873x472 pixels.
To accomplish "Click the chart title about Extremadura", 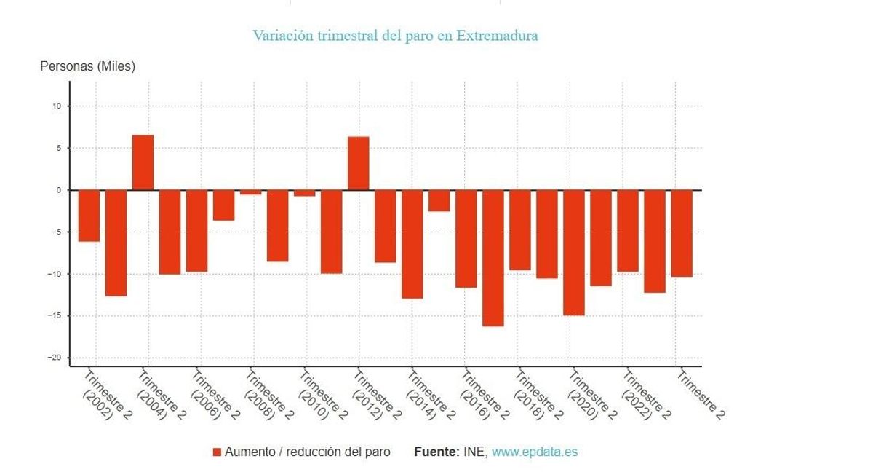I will [x=395, y=35].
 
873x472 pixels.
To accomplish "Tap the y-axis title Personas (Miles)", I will [x=87, y=66].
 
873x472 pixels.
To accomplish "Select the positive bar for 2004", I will [x=143, y=162].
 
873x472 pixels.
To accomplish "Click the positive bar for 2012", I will [x=358, y=163].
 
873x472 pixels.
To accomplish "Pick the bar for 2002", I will [x=89, y=216].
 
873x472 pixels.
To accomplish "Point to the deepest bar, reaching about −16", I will [x=493, y=258].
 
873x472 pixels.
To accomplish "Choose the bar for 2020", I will [x=573, y=253].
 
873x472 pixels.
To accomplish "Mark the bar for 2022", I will [x=627, y=231].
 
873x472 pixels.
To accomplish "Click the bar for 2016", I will [x=466, y=239].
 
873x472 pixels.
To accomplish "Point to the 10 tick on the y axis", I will [x=60, y=106].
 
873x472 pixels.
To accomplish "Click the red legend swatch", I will [x=216, y=452].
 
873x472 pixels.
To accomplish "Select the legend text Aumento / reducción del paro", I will [x=307, y=452].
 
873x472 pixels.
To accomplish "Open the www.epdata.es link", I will [x=535, y=452].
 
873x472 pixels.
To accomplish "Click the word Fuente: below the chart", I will [x=436, y=452].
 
